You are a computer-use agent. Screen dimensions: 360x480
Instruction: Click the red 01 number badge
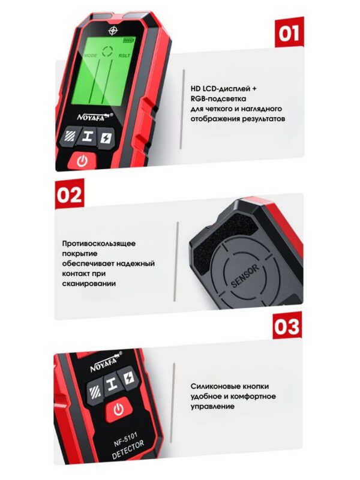[x=289, y=32]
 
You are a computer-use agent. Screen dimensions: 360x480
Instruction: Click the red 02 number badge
[x=70, y=194]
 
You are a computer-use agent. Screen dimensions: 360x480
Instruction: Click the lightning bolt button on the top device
[x=106, y=138]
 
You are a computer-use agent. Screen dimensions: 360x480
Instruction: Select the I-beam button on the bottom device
[x=111, y=383]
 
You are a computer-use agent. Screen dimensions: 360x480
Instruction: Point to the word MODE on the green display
[x=91, y=55]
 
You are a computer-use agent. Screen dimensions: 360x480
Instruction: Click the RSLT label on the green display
[x=125, y=56]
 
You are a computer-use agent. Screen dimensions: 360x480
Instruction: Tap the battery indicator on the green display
[x=129, y=40]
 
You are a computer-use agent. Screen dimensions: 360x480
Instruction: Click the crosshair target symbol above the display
[x=113, y=31]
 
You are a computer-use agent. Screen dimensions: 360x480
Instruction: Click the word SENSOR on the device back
[x=245, y=276]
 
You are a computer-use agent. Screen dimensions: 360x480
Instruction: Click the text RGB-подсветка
[x=218, y=99]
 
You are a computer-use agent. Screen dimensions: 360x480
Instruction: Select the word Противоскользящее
[x=99, y=244]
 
